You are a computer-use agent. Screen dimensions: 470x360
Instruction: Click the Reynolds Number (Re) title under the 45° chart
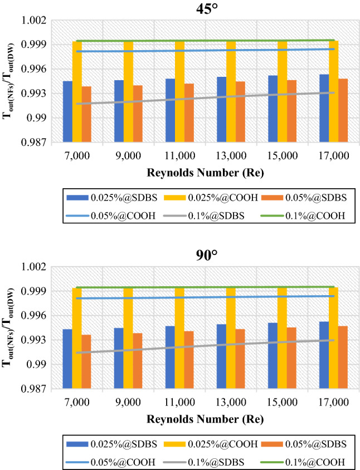click(x=205, y=173)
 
